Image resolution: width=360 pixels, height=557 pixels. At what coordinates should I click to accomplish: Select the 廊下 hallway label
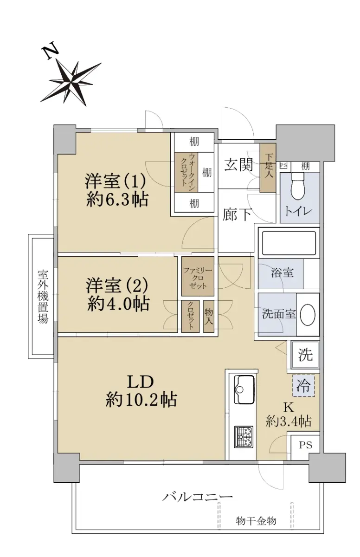(x=237, y=214)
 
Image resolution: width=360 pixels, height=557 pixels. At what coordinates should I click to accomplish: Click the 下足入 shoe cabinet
(x=268, y=168)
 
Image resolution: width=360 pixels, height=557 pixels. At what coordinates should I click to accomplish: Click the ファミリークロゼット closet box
(x=198, y=276)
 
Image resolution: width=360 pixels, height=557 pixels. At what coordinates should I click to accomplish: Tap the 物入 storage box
(x=209, y=316)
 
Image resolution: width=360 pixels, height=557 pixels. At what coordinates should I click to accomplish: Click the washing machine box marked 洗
(x=305, y=355)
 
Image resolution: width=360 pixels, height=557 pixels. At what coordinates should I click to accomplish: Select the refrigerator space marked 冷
(x=303, y=385)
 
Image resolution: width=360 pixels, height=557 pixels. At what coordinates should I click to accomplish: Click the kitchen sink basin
(x=244, y=389)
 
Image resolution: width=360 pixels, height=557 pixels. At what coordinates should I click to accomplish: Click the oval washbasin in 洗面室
(x=308, y=314)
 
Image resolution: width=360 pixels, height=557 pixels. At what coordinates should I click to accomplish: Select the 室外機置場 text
(x=43, y=297)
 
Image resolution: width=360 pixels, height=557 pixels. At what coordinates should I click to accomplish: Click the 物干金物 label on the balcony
(x=256, y=520)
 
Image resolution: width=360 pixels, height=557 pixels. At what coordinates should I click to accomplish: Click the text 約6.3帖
(x=117, y=199)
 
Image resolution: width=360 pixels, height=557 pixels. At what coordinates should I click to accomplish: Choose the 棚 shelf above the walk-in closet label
(x=194, y=142)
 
